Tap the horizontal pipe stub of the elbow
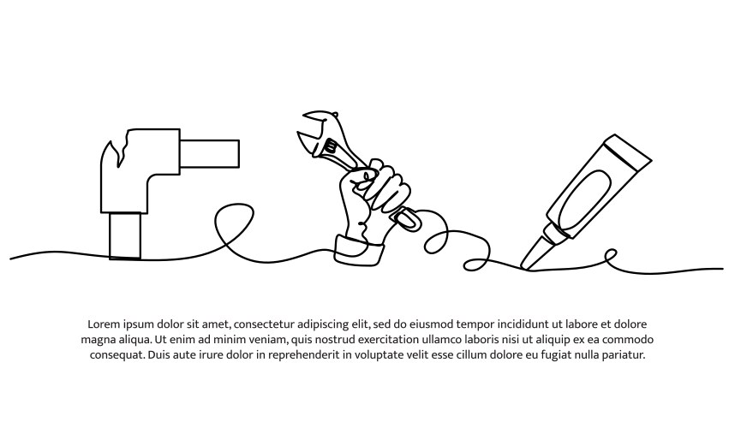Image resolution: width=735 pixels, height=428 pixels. pos(210,152)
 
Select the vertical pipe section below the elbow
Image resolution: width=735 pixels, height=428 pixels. pos(125,235)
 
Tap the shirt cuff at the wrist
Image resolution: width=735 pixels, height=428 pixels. pos(359,251)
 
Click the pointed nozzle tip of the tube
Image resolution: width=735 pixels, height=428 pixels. pos(525,266)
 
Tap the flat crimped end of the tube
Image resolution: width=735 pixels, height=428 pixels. pos(628,146)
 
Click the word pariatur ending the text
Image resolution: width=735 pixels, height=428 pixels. pos(624,355)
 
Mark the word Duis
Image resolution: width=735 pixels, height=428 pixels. pos(158,355)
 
